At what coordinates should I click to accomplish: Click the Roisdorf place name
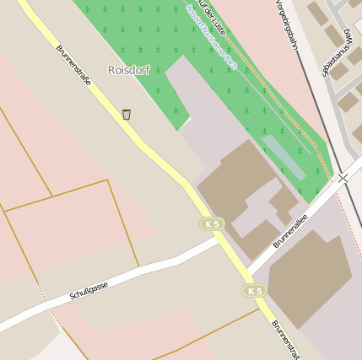tap(128, 70)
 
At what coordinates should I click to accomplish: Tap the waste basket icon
tap(127, 114)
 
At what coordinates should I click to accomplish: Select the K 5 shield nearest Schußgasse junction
tap(212, 223)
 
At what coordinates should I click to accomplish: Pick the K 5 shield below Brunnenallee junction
tap(254, 291)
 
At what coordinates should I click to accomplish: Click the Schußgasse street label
tap(89, 292)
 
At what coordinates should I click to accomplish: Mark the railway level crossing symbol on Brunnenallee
tap(343, 178)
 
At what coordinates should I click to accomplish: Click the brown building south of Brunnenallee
tap(309, 278)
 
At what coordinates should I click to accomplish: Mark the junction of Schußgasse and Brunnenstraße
tap(216, 239)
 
